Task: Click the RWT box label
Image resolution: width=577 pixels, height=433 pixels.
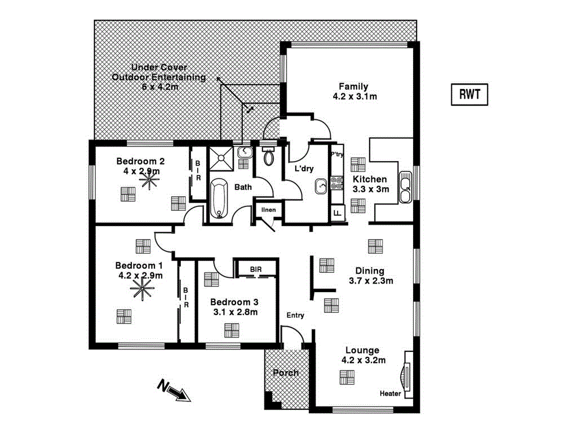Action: [469, 95]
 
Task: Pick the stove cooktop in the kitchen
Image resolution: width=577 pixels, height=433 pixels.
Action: [337, 182]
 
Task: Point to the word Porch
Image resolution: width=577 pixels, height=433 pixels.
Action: [286, 373]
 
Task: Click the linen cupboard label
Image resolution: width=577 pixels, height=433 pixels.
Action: [268, 210]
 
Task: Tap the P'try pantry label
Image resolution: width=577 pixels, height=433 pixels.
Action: [337, 154]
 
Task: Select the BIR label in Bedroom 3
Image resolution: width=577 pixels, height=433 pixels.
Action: [256, 269]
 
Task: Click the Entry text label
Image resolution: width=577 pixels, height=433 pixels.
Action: [295, 315]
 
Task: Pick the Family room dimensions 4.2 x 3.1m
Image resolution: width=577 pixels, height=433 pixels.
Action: [354, 96]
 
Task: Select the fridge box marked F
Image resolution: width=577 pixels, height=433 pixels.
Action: [337, 213]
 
